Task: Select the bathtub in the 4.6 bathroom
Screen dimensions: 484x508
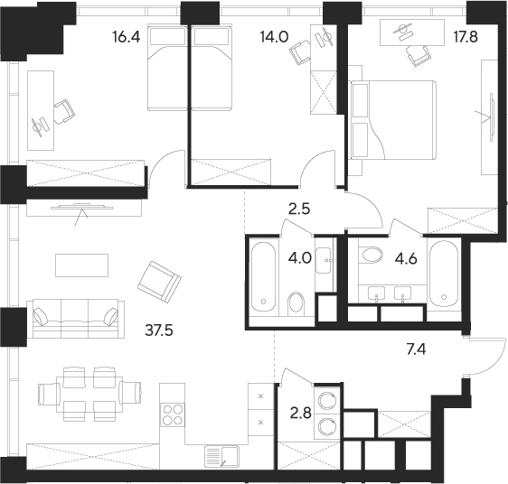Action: (x=445, y=275)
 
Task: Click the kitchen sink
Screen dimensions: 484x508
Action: (x=217, y=457)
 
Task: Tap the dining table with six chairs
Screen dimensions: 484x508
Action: (x=91, y=394)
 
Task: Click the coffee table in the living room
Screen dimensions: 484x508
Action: (x=82, y=264)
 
